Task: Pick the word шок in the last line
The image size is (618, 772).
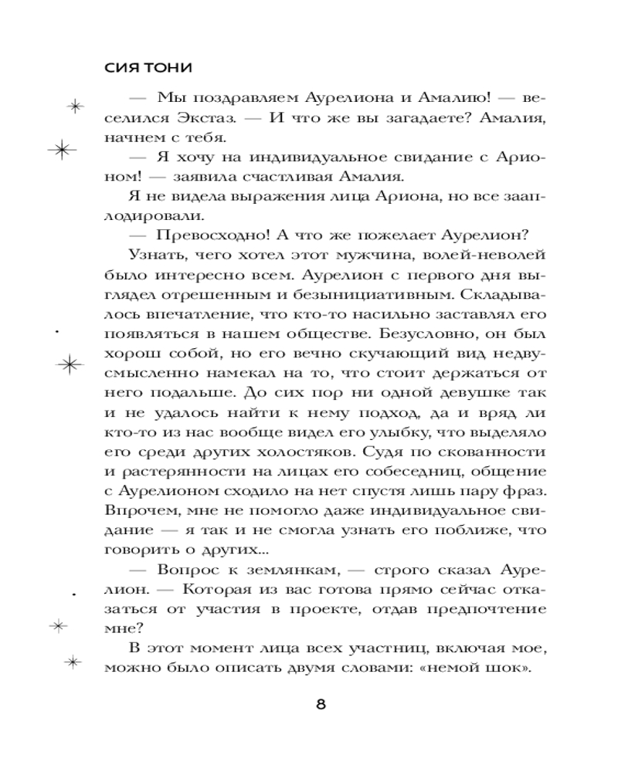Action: (x=508, y=669)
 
